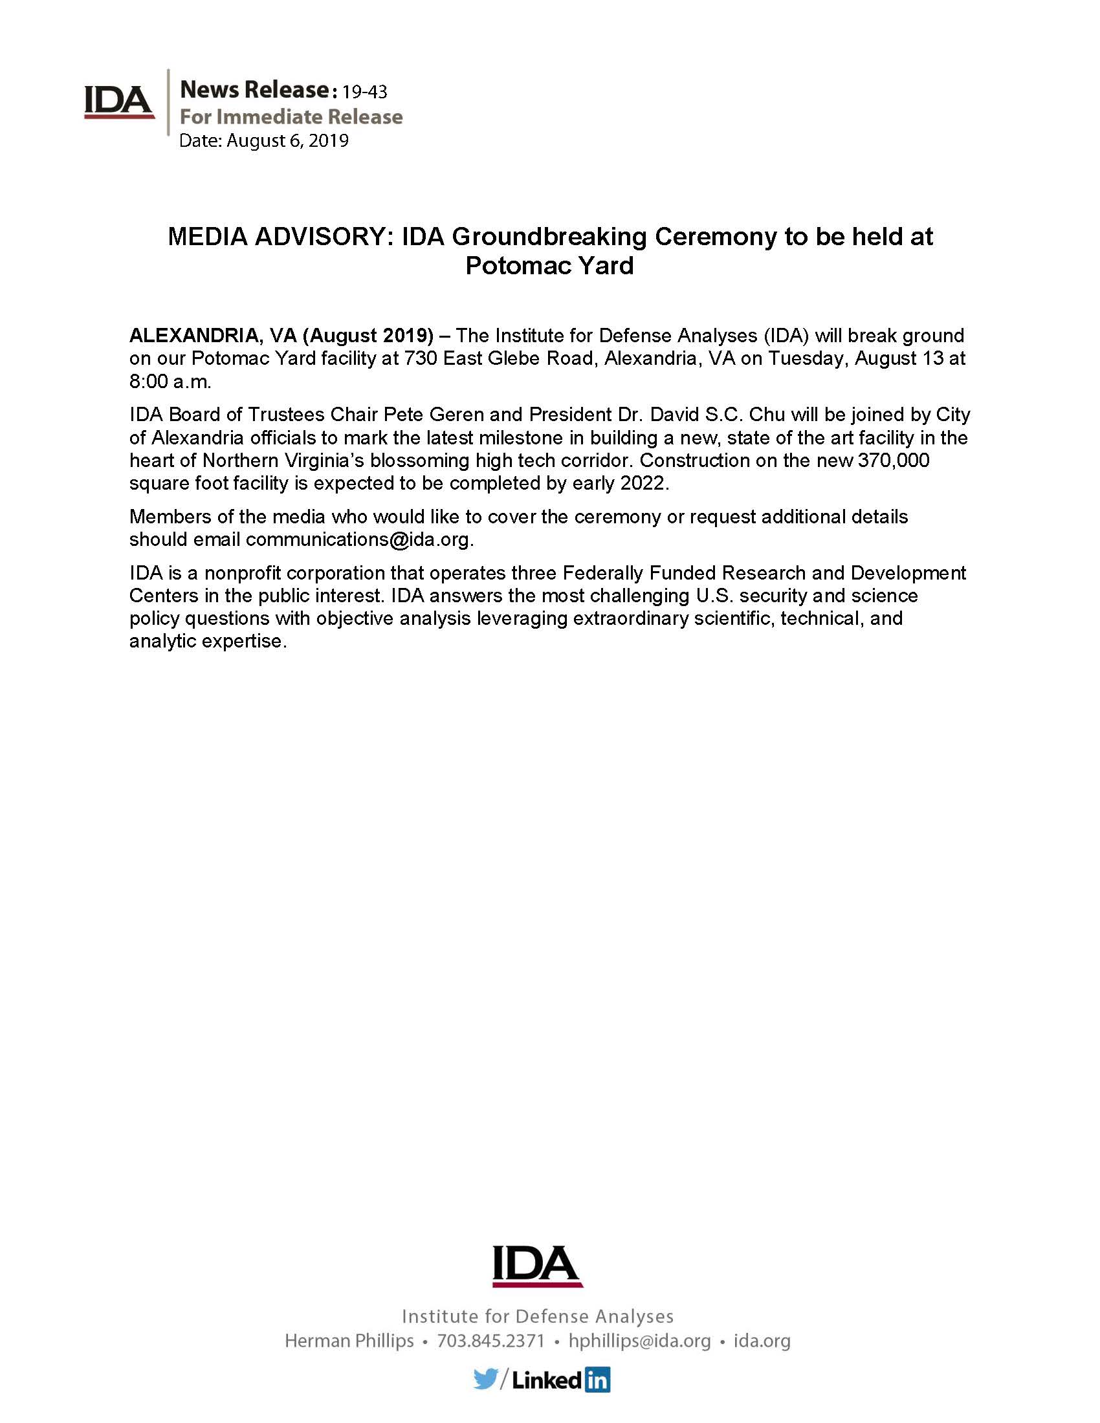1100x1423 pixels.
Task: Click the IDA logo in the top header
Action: click(x=119, y=102)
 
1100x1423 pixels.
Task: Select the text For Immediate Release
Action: click(x=291, y=116)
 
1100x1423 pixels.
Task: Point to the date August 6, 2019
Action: click(x=287, y=140)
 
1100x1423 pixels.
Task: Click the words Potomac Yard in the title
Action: click(x=549, y=265)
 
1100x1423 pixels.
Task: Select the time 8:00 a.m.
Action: click(x=170, y=381)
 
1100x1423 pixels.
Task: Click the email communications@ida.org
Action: click(x=357, y=539)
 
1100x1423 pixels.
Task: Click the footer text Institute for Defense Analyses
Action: click(x=537, y=1316)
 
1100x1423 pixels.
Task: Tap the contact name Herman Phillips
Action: click(x=349, y=1341)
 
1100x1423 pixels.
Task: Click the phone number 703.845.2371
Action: click(x=490, y=1341)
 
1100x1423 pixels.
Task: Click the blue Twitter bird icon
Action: click(x=485, y=1380)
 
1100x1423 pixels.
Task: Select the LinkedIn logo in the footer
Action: click(x=560, y=1380)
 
